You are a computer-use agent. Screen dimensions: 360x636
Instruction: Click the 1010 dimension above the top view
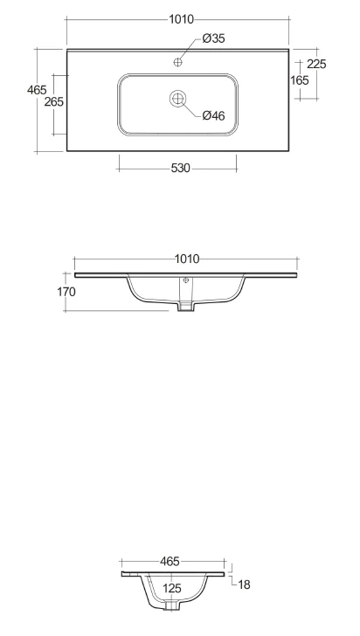[182, 19]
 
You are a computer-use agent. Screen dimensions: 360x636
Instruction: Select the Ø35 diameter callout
[213, 38]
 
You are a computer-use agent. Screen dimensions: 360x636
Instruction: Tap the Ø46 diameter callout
[213, 116]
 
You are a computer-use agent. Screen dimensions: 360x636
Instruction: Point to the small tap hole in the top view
[177, 62]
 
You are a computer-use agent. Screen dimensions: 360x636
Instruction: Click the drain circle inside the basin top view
[177, 98]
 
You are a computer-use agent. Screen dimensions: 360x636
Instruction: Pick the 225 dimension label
[316, 64]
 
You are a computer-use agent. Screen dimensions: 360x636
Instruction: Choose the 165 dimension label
[300, 80]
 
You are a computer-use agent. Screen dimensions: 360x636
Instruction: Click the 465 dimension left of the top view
[37, 90]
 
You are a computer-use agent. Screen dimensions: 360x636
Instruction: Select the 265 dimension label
[54, 102]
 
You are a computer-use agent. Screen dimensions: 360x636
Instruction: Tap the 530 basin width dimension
[180, 168]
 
